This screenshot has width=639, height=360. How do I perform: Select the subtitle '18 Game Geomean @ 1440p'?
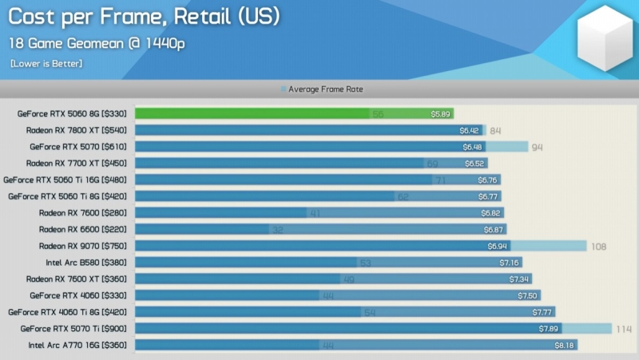[x=97, y=43]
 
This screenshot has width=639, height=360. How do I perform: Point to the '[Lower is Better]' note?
[x=46, y=63]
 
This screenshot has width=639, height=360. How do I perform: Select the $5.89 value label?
[x=442, y=114]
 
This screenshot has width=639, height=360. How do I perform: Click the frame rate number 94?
[x=537, y=147]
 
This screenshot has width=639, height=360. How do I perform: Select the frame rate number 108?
[x=598, y=247]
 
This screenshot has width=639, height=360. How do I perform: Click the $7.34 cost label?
[x=520, y=279]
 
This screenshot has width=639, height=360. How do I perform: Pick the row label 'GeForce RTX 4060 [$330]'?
[x=78, y=295]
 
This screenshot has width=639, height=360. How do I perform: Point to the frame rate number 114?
[x=623, y=329]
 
